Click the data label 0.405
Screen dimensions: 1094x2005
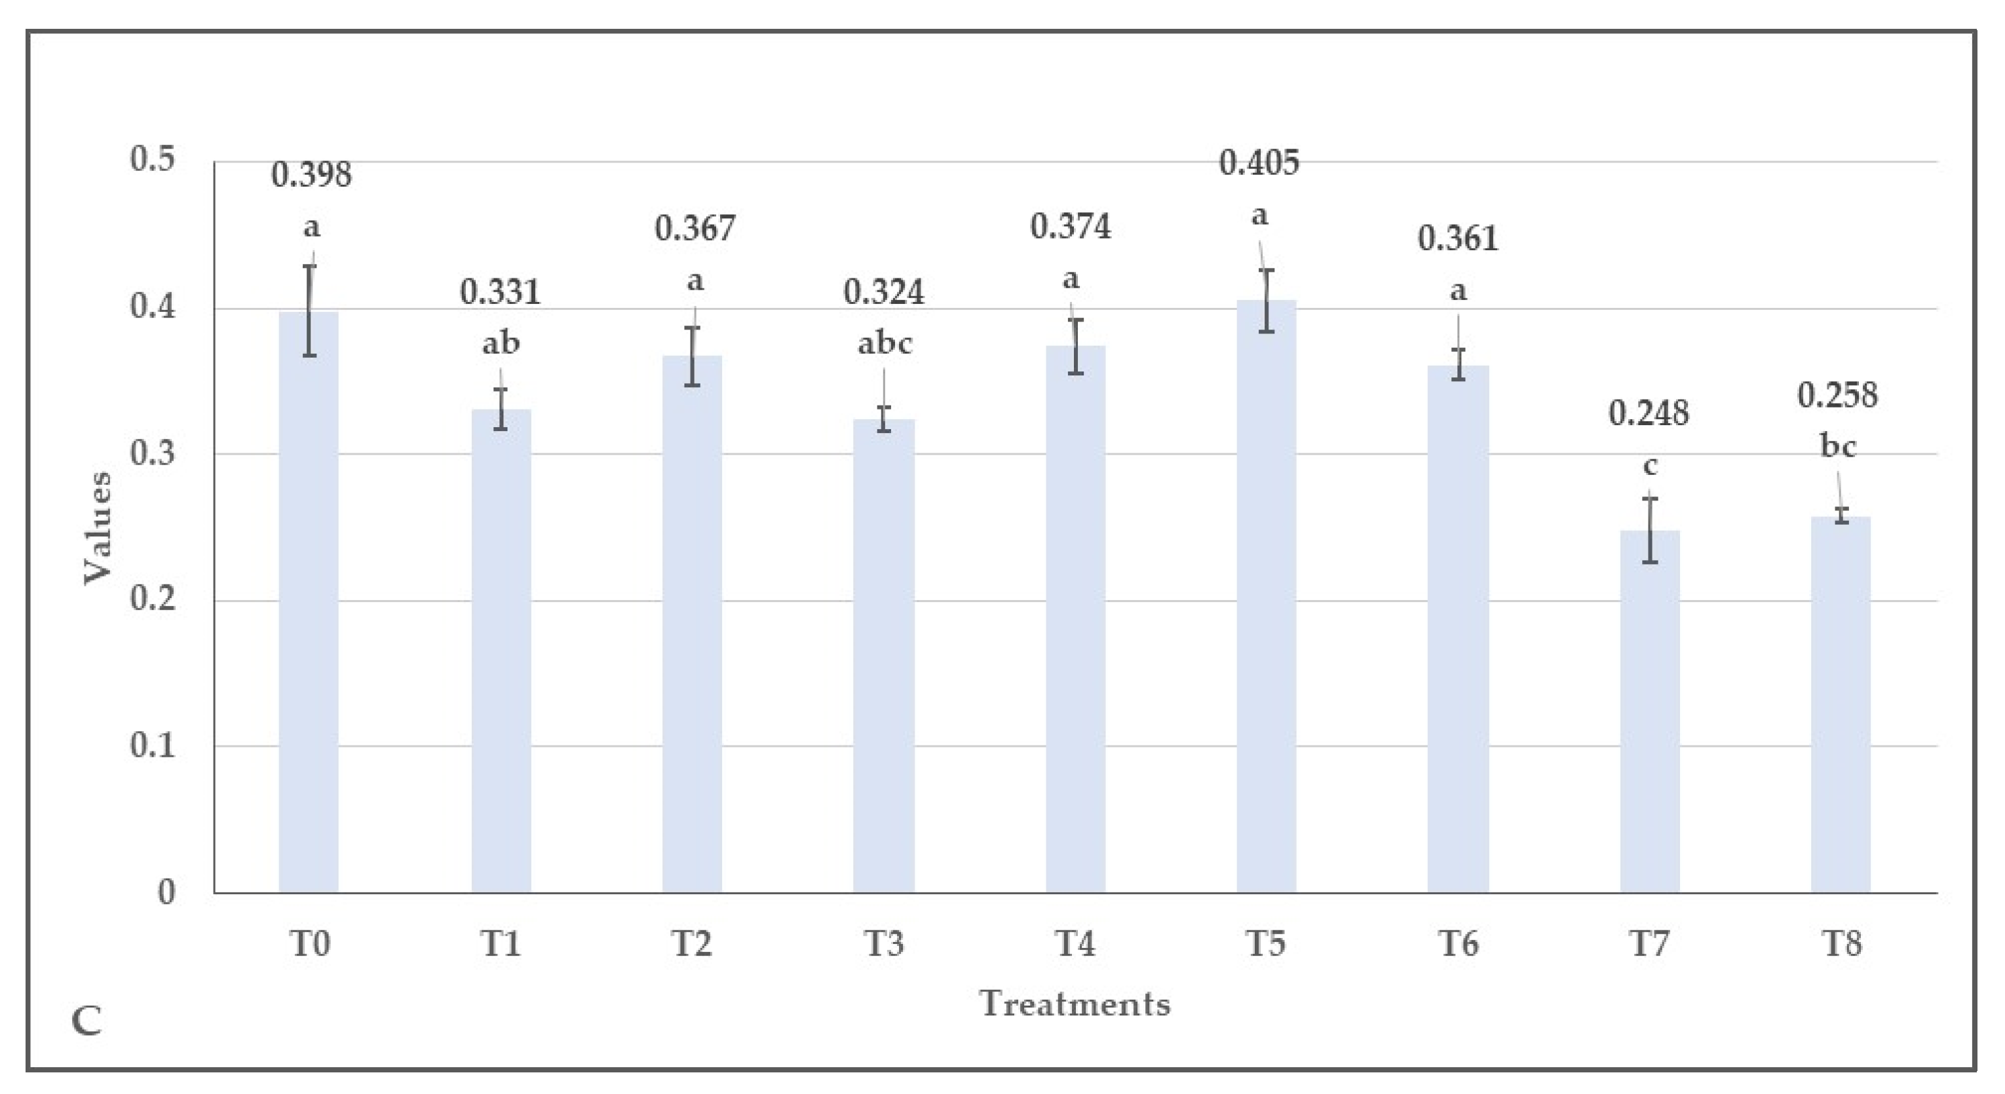click(x=1259, y=163)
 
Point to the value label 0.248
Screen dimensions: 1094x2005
click(x=1649, y=413)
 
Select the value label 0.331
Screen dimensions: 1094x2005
click(x=500, y=293)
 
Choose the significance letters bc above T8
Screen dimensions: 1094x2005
click(x=1838, y=447)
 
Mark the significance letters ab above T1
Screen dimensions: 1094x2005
click(x=501, y=343)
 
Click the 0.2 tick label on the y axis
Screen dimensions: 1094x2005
click(x=153, y=599)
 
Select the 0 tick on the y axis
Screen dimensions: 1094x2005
click(x=166, y=892)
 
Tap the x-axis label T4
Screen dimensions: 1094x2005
click(x=1075, y=944)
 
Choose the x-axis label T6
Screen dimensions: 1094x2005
click(x=1458, y=944)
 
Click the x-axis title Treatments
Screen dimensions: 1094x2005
click(x=1075, y=1004)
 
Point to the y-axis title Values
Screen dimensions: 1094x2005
click(x=98, y=527)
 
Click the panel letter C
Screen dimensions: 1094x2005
click(x=86, y=1022)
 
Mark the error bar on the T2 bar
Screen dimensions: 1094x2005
click(x=693, y=356)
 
